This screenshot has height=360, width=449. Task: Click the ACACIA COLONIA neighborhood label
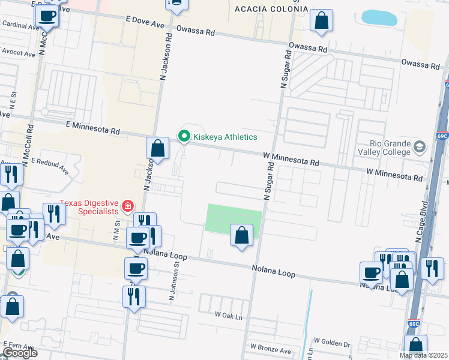[x=271, y=10]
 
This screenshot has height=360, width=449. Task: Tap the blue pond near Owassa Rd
[x=379, y=17]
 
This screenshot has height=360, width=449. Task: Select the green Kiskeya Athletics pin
[x=184, y=137]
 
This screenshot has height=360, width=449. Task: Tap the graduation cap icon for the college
[x=419, y=146]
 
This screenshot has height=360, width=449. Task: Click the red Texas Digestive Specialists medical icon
[x=127, y=207]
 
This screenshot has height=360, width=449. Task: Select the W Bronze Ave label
[x=271, y=348]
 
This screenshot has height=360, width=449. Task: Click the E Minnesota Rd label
[x=93, y=128]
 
